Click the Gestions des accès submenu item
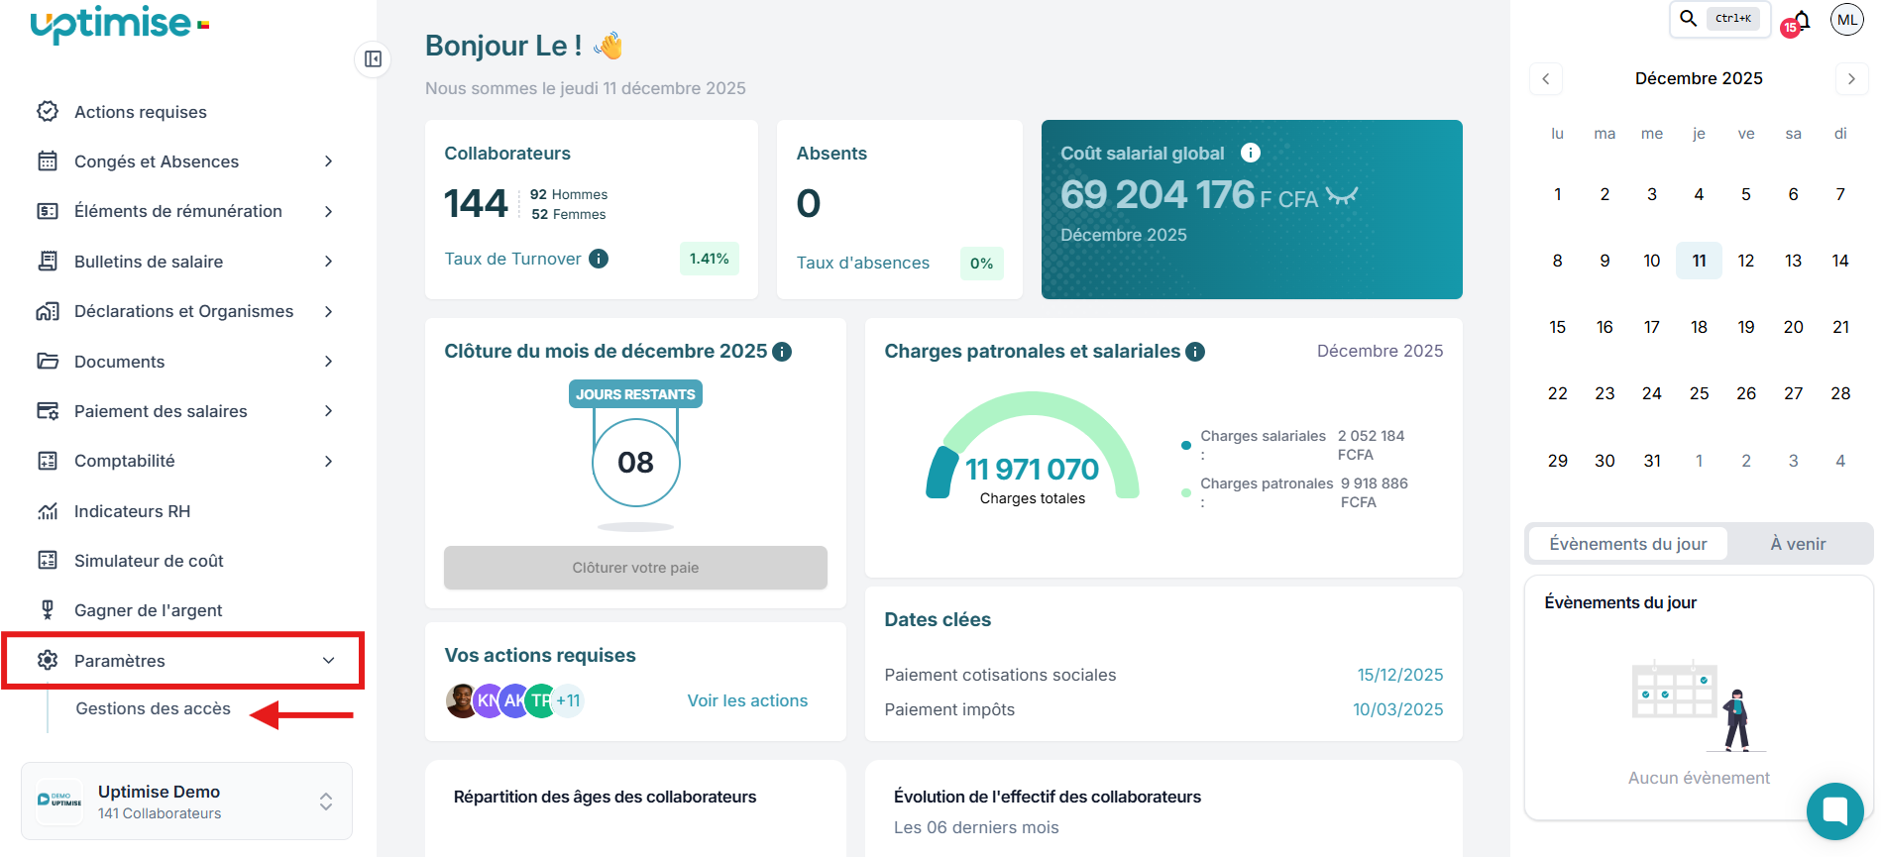pos(154,708)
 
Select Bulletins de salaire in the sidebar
pos(149,262)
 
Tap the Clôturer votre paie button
pos(635,568)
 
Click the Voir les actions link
pos(747,700)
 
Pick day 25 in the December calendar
pos(1699,393)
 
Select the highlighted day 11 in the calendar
pos(1699,261)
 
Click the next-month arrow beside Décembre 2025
pos(1851,78)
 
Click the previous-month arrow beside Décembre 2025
pos(1546,78)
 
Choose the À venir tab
pos(1798,544)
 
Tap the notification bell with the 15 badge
pos(1801,21)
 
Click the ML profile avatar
pos(1847,19)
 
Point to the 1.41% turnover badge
pos(709,259)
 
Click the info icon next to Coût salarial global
pos(1251,153)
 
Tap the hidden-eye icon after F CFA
pos(1342,196)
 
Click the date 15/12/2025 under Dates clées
pos(1399,675)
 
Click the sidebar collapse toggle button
pos(373,59)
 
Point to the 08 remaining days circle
pos(635,462)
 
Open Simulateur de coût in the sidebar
pos(149,561)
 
